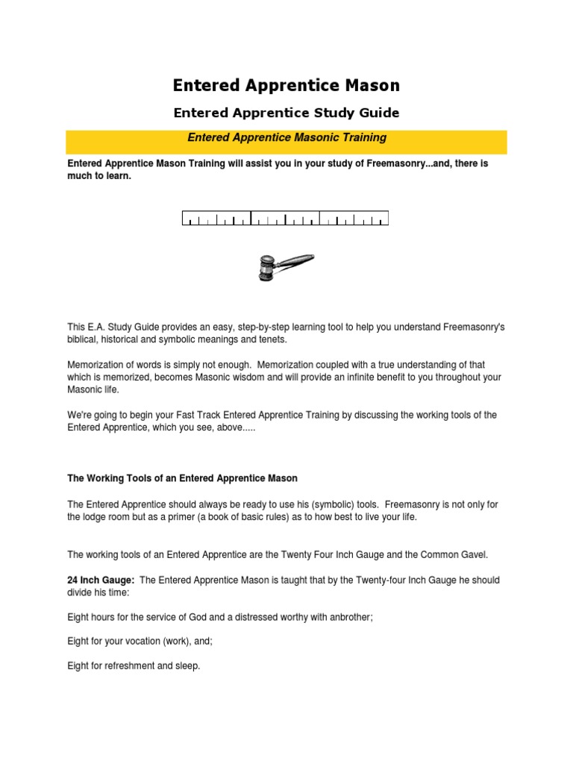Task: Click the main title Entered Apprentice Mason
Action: (286, 86)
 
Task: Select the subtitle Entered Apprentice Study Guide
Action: (286, 113)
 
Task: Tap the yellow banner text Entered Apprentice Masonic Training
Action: (286, 137)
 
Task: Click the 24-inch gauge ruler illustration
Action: (286, 219)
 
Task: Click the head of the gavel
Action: (266, 269)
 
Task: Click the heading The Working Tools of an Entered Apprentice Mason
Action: (183, 477)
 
